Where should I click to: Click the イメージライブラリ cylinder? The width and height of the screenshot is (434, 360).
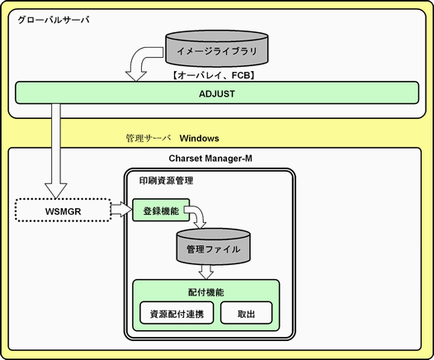217,49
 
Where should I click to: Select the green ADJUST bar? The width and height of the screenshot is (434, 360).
217,92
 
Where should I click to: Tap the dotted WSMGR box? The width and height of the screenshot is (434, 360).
63,211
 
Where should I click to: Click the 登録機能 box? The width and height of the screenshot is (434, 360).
161,211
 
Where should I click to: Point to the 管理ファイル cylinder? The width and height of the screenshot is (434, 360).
213,246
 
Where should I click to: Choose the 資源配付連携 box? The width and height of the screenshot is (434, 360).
177,313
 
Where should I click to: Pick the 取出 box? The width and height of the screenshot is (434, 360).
246,313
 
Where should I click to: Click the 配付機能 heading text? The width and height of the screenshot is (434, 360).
206,292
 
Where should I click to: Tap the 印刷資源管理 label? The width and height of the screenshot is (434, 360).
166,181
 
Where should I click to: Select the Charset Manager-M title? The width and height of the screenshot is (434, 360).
210,159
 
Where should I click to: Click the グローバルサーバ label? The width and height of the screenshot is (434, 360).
54,20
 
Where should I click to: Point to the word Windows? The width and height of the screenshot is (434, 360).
200,138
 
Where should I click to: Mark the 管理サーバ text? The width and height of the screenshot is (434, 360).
148,138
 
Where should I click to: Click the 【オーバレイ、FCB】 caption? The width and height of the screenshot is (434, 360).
213,75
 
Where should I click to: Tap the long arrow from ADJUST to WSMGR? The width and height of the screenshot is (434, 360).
56,149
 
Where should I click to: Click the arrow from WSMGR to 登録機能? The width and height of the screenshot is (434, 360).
121,210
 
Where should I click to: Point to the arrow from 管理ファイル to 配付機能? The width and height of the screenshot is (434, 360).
206,272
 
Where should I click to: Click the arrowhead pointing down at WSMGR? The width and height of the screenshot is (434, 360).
56,191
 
